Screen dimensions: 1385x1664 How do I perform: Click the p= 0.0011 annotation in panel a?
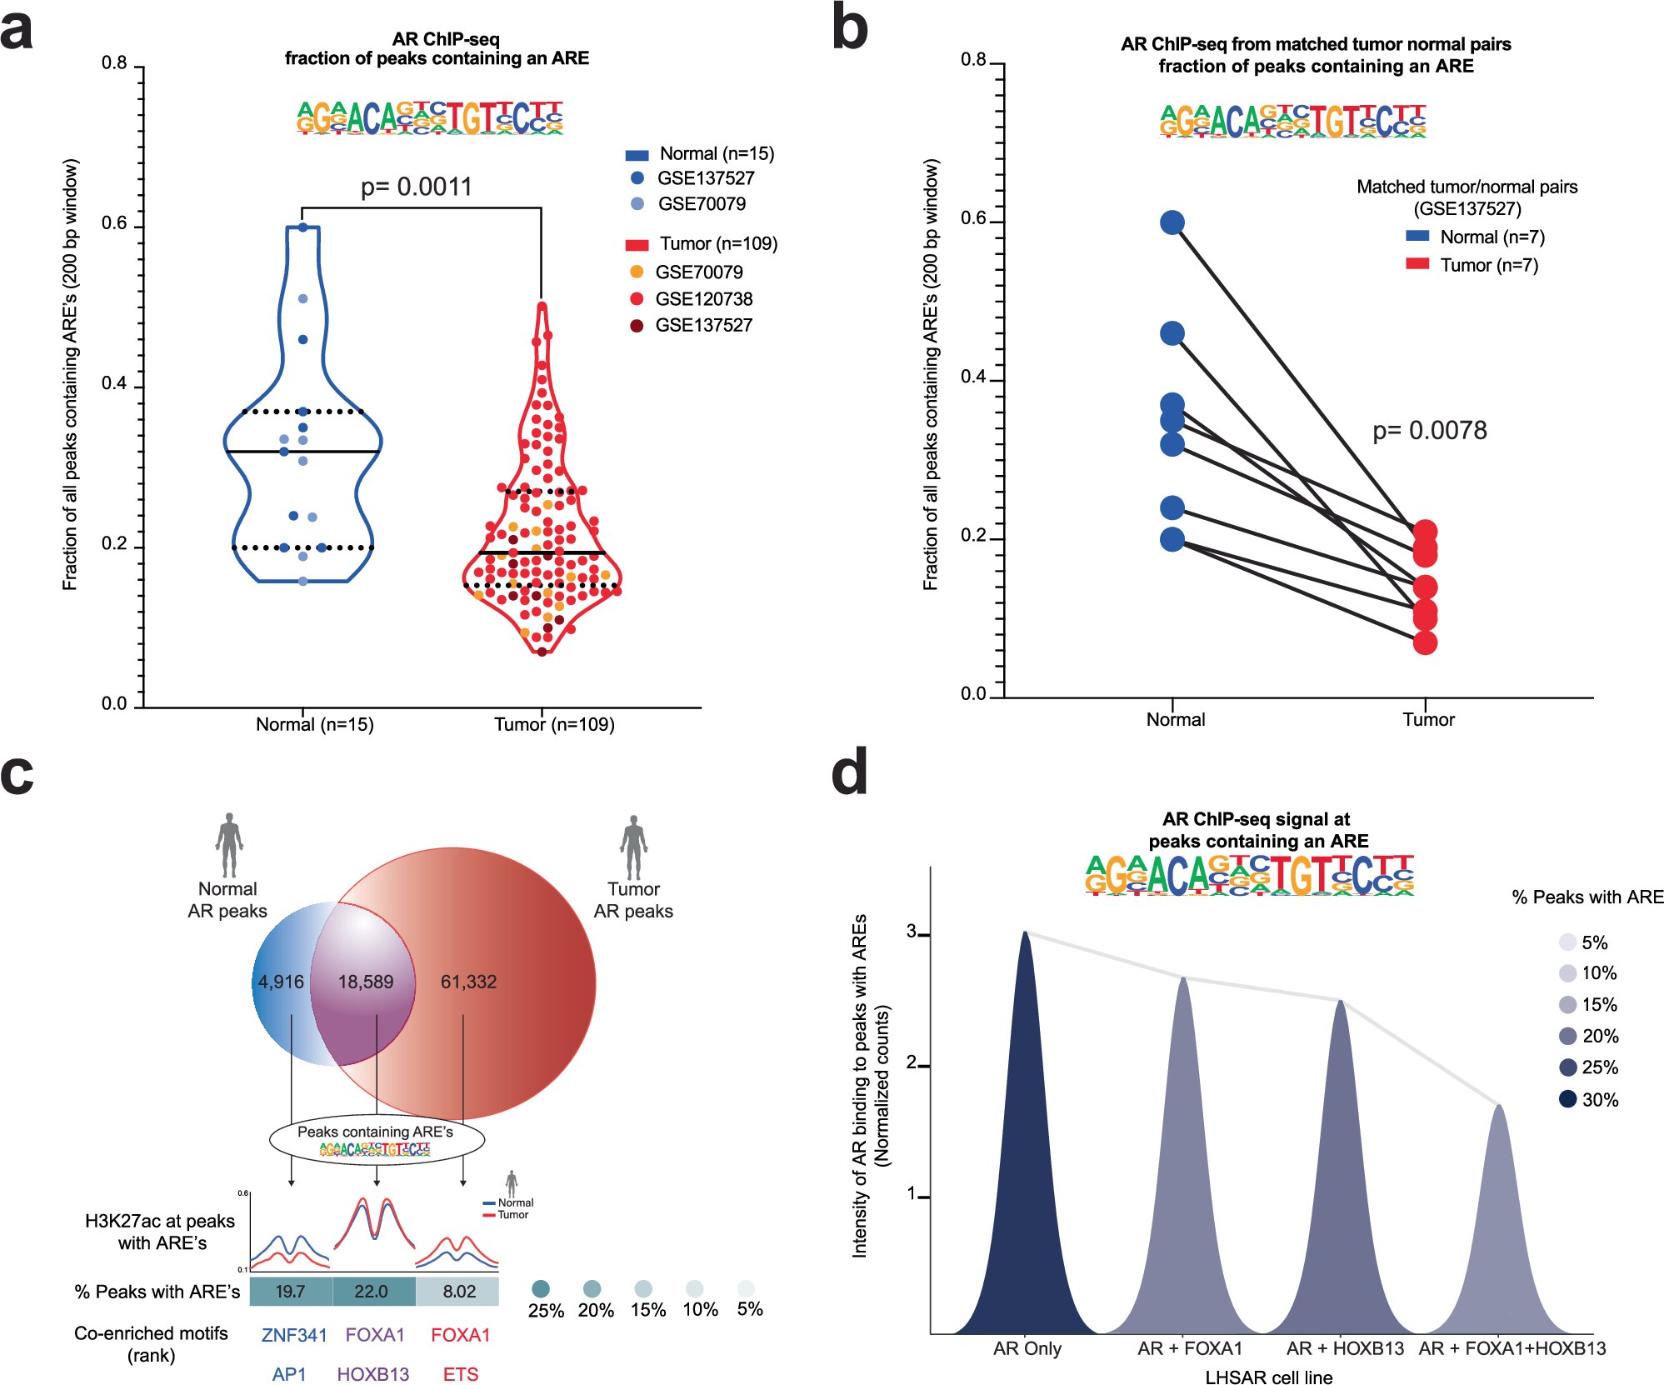point(416,187)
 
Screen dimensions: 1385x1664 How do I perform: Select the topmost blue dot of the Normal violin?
point(303,227)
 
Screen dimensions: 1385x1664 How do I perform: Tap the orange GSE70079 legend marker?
point(637,272)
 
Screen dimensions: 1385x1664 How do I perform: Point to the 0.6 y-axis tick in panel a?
point(114,223)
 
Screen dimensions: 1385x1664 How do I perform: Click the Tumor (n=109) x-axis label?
point(554,724)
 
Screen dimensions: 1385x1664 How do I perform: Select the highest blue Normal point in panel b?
point(1172,222)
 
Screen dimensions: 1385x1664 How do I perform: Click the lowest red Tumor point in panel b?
point(1425,642)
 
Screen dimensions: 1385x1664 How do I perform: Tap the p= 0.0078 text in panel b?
point(1429,431)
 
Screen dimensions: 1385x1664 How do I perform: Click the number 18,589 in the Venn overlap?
point(365,982)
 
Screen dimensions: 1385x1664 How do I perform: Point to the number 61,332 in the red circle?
point(468,982)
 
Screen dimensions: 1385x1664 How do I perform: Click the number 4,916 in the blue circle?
point(281,982)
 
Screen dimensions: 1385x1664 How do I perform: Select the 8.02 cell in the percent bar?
point(459,1291)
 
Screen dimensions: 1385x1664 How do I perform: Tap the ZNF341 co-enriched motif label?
point(294,1335)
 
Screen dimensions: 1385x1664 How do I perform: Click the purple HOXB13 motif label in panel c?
point(373,1374)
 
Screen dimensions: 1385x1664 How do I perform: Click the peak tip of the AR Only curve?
point(1026,932)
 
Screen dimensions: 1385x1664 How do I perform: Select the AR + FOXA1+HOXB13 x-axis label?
point(1512,1348)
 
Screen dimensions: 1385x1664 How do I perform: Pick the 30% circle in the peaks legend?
point(1567,1099)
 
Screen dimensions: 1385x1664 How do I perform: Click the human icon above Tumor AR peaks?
point(633,845)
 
